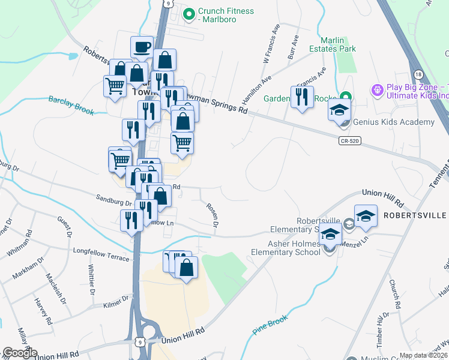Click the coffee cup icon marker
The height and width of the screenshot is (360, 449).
(x=142, y=47)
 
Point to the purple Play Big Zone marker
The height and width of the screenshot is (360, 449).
(x=377, y=91)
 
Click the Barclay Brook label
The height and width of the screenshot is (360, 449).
(x=72, y=104)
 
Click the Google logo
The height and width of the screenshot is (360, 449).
(x=19, y=353)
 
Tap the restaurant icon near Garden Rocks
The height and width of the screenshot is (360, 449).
(x=301, y=97)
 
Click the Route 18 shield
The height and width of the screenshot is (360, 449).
(x=418, y=73)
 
